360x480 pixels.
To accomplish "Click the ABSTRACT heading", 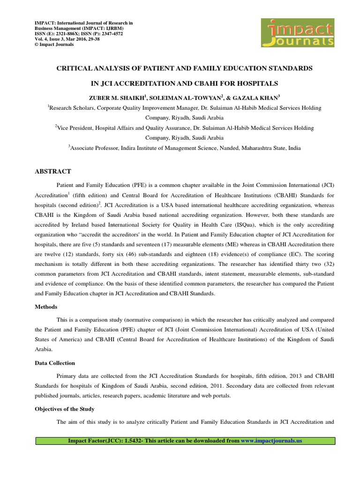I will (x=53, y=172).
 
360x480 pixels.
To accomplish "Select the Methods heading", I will (x=46, y=307).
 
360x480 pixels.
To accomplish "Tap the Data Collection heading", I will (x=55, y=363).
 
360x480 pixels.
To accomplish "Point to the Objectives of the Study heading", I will (x=65, y=409).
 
